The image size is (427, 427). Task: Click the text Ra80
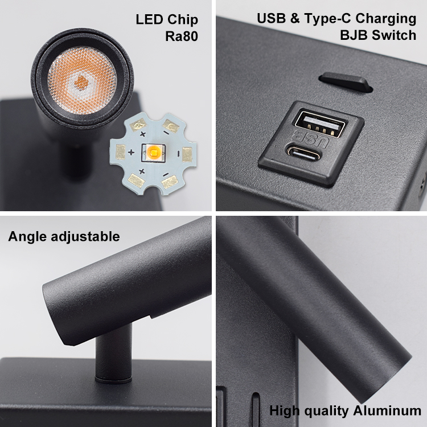(182, 36)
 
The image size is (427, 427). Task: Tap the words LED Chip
(167, 19)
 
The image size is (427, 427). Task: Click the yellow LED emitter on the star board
(153, 152)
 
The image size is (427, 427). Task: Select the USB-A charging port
(321, 123)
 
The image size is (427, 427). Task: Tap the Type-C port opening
(303, 153)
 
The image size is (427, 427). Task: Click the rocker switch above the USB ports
(346, 82)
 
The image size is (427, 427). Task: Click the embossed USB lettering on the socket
(310, 138)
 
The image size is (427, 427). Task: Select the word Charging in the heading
(386, 19)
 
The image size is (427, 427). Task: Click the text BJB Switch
(378, 35)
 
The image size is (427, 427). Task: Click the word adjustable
(85, 236)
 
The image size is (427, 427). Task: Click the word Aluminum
(387, 410)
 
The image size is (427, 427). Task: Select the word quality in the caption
(326, 411)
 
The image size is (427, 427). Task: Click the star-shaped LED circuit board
(153, 154)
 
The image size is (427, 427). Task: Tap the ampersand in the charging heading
(295, 18)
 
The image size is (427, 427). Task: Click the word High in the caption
(285, 411)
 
